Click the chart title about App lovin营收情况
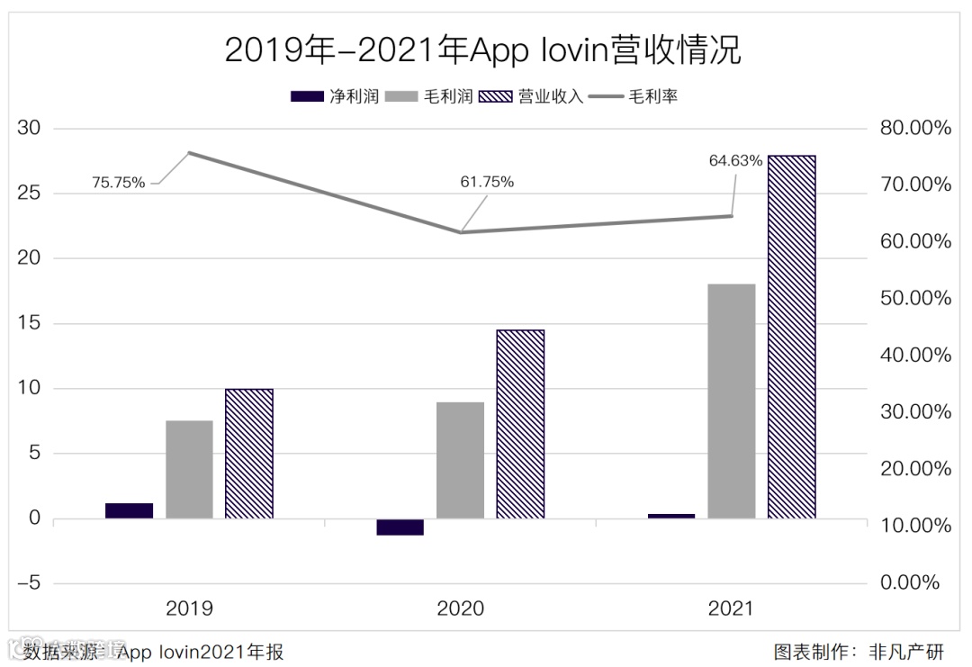tap(483, 50)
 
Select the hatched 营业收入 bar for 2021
tap(791, 337)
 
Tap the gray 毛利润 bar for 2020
tap(460, 460)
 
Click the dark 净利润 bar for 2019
tap(129, 510)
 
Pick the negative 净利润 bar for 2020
tap(400, 527)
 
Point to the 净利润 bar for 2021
tap(671, 516)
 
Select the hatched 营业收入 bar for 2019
tap(248, 454)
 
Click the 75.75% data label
tap(118, 183)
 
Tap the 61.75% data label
tap(487, 182)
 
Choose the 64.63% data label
tap(735, 161)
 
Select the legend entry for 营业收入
tap(533, 96)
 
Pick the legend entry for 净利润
tap(335, 96)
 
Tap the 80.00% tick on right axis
tap(915, 129)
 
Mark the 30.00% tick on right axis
tap(915, 412)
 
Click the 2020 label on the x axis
tap(460, 609)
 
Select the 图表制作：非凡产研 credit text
tap(859, 651)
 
